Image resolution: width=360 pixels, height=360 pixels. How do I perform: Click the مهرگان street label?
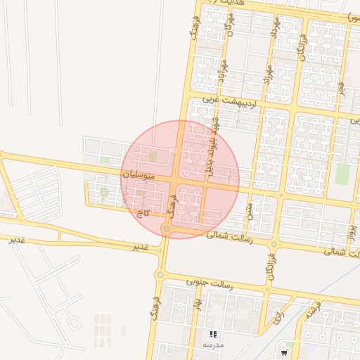click(229, 28)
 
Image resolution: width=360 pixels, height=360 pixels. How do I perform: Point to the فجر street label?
click(341, 87)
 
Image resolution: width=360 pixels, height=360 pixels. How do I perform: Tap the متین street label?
click(249, 209)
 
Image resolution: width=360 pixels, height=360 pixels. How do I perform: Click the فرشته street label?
click(314, 310)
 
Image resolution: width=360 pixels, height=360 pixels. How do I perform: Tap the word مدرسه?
click(212, 345)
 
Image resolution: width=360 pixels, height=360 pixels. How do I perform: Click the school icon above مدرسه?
click(212, 334)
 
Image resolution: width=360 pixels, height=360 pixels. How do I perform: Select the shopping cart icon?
click(284, 352)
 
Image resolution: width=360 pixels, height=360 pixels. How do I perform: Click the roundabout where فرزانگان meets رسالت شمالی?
click(274, 244)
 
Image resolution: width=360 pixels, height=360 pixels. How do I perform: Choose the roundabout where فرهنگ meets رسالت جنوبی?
click(160, 274)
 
